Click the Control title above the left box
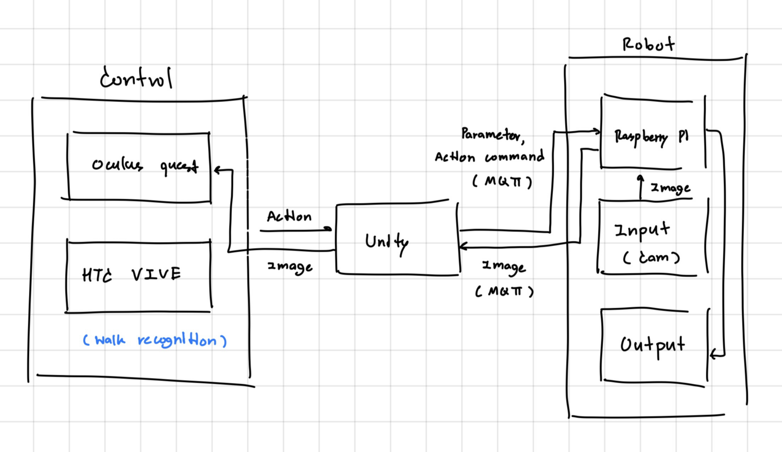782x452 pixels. click(136, 78)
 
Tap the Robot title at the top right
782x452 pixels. click(648, 44)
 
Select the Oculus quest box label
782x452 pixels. click(145, 165)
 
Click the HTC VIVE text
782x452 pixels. click(131, 275)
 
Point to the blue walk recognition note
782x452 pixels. click(155, 340)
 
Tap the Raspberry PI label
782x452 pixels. click(651, 137)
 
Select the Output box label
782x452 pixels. click(652, 345)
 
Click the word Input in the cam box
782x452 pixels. click(641, 230)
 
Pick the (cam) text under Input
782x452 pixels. click(651, 257)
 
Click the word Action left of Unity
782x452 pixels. click(289, 217)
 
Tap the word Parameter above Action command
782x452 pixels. click(492, 135)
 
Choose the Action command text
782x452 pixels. click(489, 157)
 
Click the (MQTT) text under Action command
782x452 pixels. click(502, 181)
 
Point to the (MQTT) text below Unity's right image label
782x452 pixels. click(504, 291)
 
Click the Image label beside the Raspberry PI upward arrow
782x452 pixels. click(671, 188)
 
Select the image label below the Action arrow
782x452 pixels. click(290, 267)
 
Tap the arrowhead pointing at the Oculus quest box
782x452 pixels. click(217, 170)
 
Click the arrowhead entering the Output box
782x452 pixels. click(713, 353)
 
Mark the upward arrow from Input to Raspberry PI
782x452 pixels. click(640, 185)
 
